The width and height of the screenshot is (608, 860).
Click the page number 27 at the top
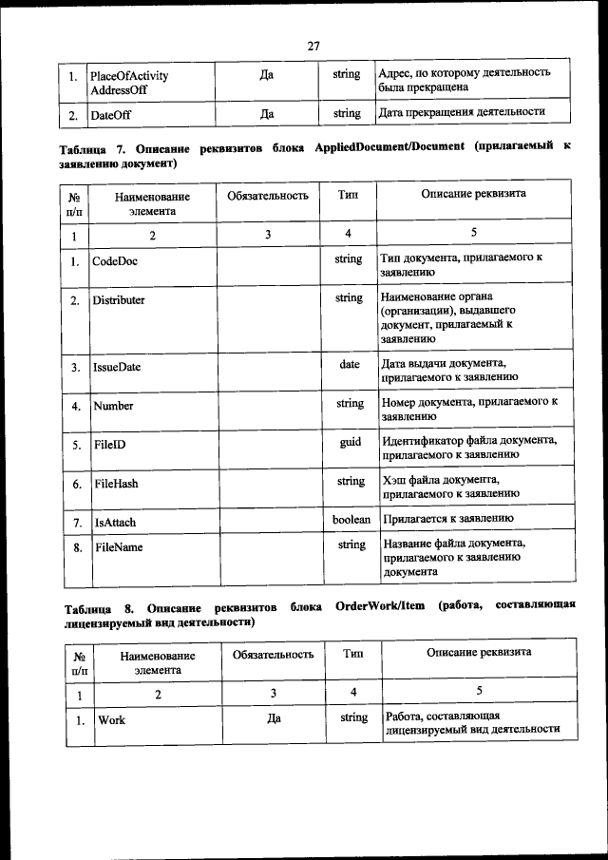315,45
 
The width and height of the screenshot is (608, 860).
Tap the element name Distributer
119,299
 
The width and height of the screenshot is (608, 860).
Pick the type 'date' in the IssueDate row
351,364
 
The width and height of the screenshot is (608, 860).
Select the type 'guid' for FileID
351,443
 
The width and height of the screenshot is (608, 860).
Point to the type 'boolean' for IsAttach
351,520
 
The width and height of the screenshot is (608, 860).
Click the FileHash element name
116,484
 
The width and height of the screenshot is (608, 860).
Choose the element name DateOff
111,115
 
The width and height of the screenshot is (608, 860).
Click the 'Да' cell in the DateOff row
267,114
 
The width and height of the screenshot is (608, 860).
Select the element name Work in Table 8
112,720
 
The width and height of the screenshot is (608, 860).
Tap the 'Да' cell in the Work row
274,718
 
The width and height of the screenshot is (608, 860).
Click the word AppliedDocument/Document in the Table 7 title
388,147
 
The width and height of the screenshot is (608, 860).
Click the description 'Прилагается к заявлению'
447,519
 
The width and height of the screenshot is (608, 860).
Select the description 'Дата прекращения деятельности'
461,112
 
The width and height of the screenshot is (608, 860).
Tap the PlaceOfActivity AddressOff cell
128,83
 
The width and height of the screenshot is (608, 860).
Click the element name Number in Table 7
113,406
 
